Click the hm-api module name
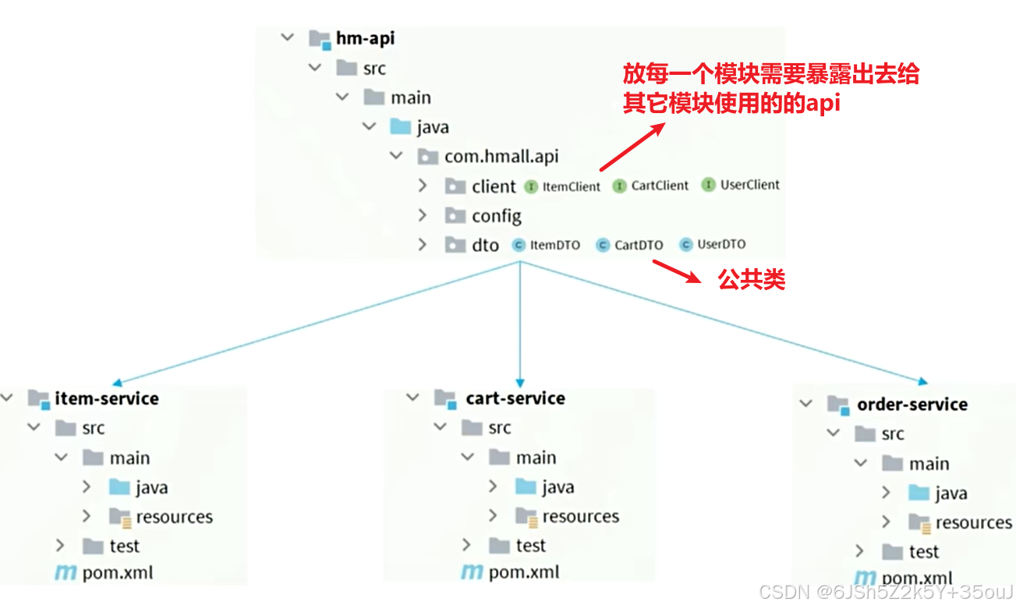[x=365, y=38]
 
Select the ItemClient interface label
[x=572, y=186]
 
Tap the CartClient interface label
[x=660, y=186]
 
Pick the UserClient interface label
[x=749, y=185]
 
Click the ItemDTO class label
[x=554, y=245]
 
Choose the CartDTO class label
[x=639, y=245]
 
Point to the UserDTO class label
[x=721, y=244]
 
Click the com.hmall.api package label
[x=501, y=157]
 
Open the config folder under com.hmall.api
[x=496, y=216]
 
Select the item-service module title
[x=106, y=398]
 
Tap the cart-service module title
[x=515, y=398]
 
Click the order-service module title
[x=912, y=405]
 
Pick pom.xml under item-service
[x=118, y=573]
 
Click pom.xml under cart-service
[x=524, y=572]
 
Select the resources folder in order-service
[x=973, y=522]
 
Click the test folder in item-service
[x=124, y=546]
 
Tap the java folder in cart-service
[x=558, y=487]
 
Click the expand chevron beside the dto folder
[x=423, y=245]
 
